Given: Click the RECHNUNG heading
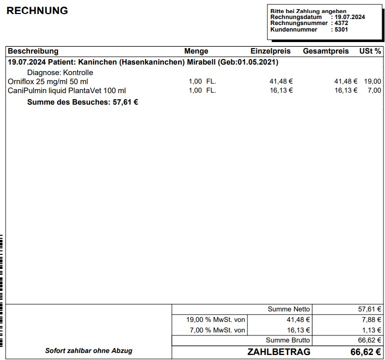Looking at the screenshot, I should pyautogui.click(x=37, y=11).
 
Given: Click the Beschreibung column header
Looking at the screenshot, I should pyautogui.click(x=33, y=51).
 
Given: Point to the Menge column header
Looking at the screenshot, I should pyautogui.click(x=196, y=51).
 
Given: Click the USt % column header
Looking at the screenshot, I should pyautogui.click(x=370, y=51).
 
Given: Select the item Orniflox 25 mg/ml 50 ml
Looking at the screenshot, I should pyautogui.click(x=48, y=81).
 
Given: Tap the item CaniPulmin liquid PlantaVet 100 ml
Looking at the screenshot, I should pyautogui.click(x=67, y=90).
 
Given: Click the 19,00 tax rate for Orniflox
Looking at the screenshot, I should pyautogui.click(x=372, y=81).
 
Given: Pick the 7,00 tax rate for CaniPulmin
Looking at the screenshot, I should pyautogui.click(x=374, y=90).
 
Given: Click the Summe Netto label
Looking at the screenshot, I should pyautogui.click(x=289, y=309).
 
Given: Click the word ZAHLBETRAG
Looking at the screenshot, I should pyautogui.click(x=279, y=352).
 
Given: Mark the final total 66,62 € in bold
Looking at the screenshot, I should pyautogui.click(x=365, y=352).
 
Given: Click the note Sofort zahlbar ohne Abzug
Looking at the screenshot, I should pyautogui.click(x=89, y=350).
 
